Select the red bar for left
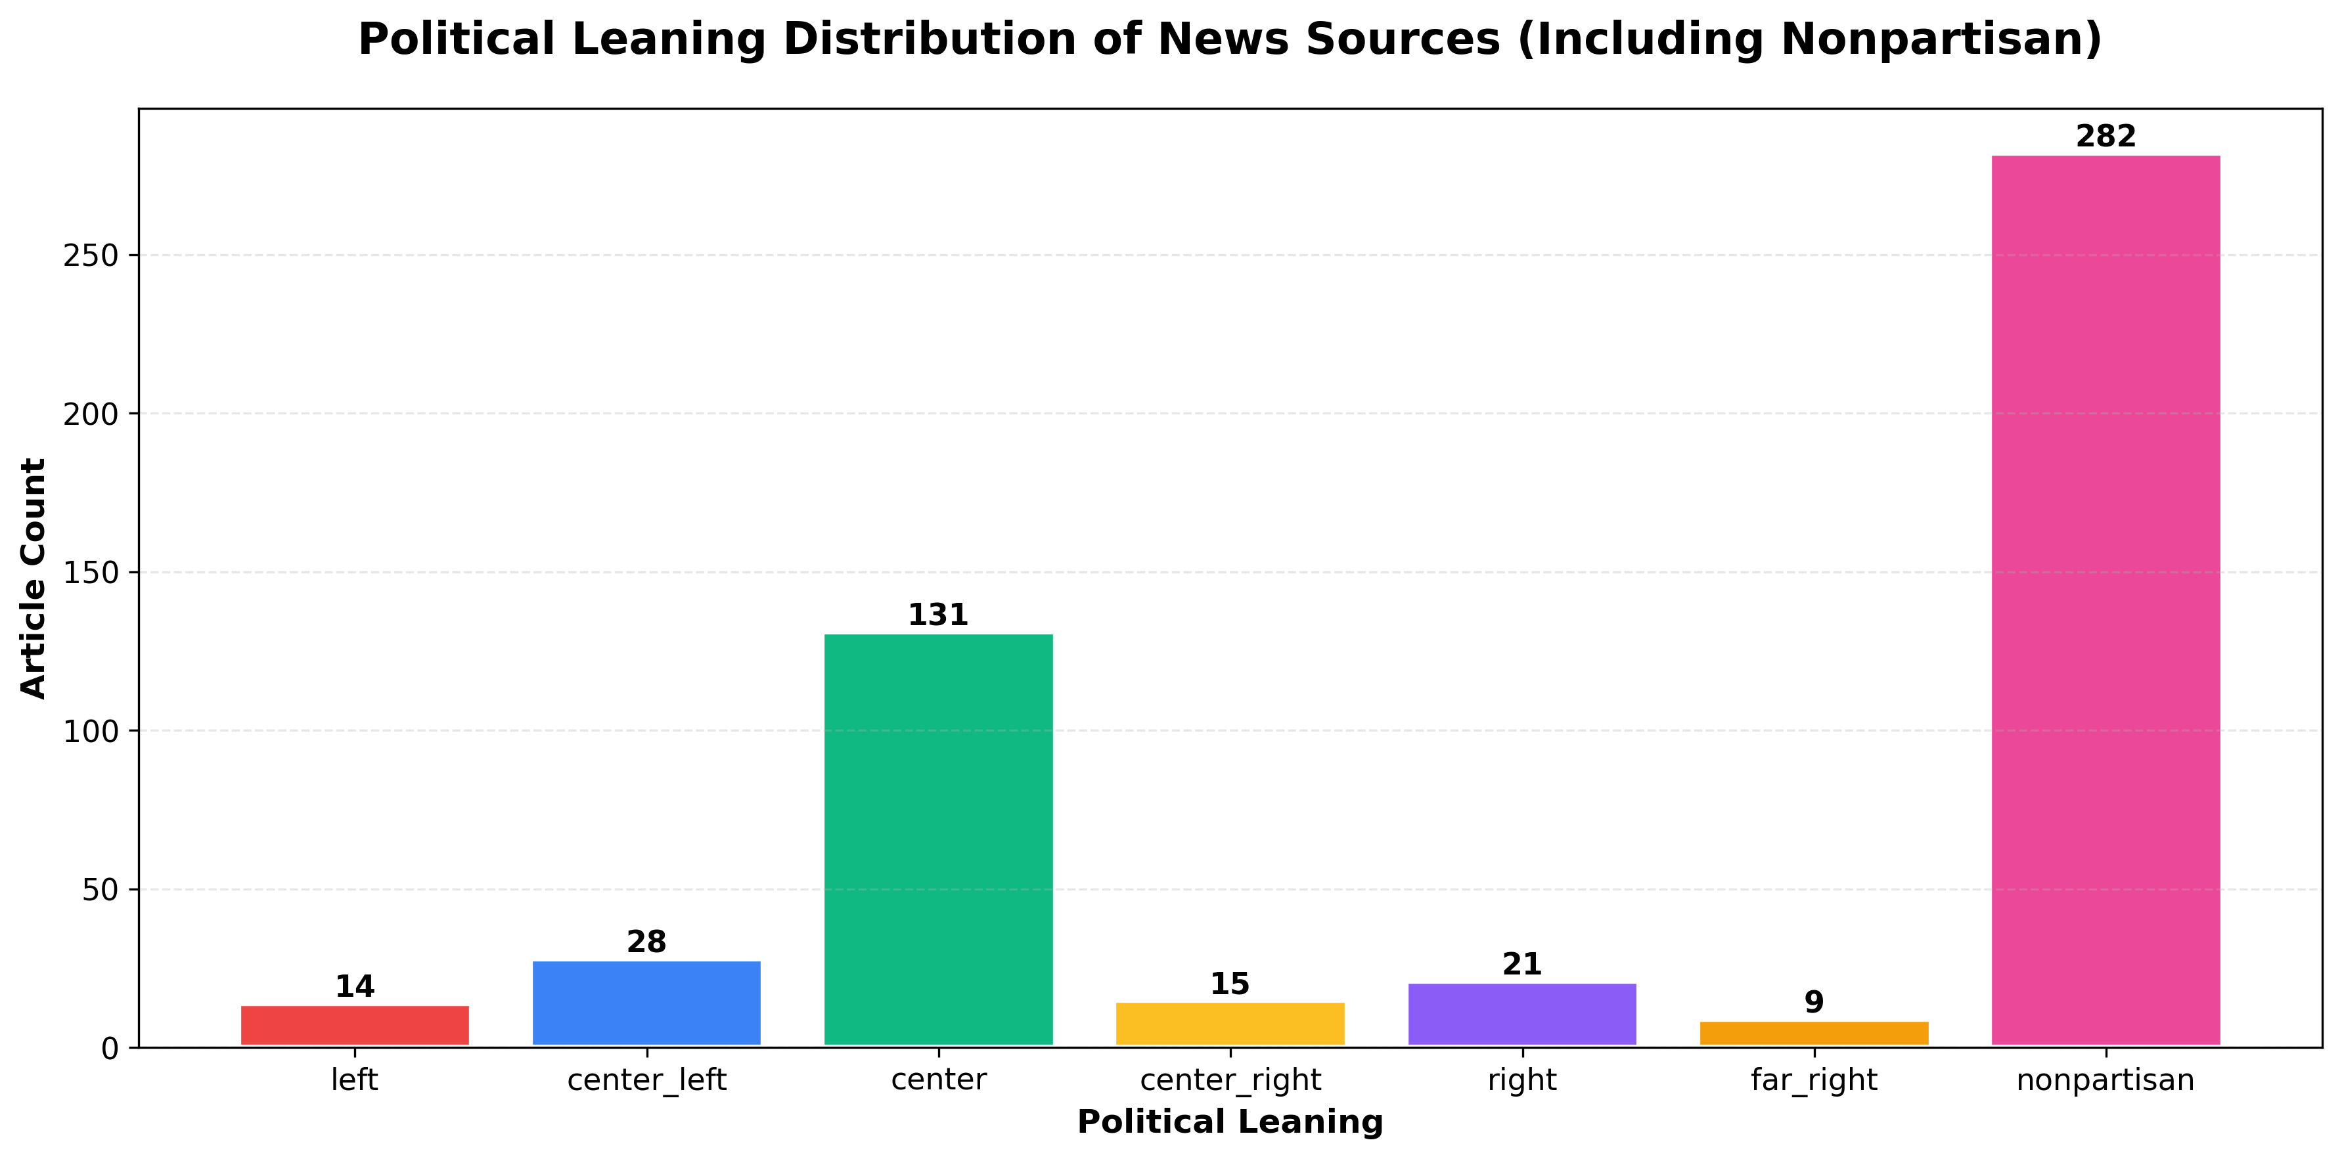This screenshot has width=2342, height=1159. (x=355, y=1026)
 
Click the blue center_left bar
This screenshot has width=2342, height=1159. (x=646, y=1003)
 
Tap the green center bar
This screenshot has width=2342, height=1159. (x=938, y=840)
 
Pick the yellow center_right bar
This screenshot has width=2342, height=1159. (x=1230, y=1024)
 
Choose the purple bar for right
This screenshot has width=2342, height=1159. (x=1522, y=1015)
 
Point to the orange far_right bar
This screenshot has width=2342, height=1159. (x=1814, y=1034)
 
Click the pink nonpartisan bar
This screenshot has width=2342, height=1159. (x=2106, y=600)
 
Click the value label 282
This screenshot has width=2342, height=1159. (x=2106, y=137)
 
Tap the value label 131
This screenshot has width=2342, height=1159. (x=938, y=615)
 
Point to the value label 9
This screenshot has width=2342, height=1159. (x=1814, y=1003)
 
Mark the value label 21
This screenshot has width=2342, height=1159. (x=1522, y=965)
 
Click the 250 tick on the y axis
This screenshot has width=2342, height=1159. (x=91, y=255)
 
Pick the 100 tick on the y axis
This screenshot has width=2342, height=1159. (x=91, y=731)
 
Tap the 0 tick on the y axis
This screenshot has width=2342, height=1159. (x=110, y=1049)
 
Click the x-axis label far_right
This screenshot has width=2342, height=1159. (x=1814, y=1081)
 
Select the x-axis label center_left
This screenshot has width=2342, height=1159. (x=646, y=1081)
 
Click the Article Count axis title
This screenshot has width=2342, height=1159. (x=34, y=578)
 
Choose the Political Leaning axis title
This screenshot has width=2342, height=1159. (x=1230, y=1122)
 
